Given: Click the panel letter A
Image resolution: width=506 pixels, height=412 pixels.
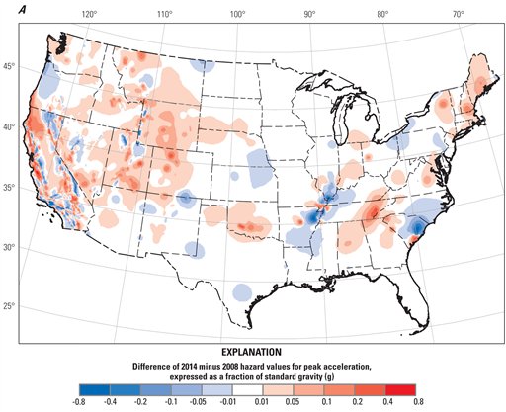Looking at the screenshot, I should (x=9, y=8).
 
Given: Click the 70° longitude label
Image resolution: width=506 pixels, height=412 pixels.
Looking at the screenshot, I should (x=458, y=16).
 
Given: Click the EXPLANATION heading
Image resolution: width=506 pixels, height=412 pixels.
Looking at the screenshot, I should (x=252, y=351).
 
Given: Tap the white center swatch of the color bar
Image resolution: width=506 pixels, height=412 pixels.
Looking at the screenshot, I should (x=253, y=390).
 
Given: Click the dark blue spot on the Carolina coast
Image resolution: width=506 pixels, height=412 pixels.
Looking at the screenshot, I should (x=418, y=228).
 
